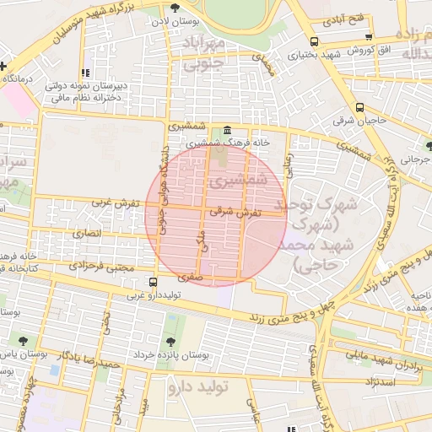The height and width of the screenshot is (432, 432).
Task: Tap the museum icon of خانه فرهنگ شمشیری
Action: pos(229,131)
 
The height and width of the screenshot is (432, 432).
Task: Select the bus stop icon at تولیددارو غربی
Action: pos(153,282)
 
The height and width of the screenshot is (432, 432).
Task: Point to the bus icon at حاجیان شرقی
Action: pos(360,107)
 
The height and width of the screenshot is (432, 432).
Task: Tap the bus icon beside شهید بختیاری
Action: pos(314,41)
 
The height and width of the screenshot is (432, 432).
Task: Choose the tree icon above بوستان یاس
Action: pos(23,341)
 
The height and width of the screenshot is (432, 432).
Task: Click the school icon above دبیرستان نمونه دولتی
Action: pos(84,73)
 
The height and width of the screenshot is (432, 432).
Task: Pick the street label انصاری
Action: pos(87,233)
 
